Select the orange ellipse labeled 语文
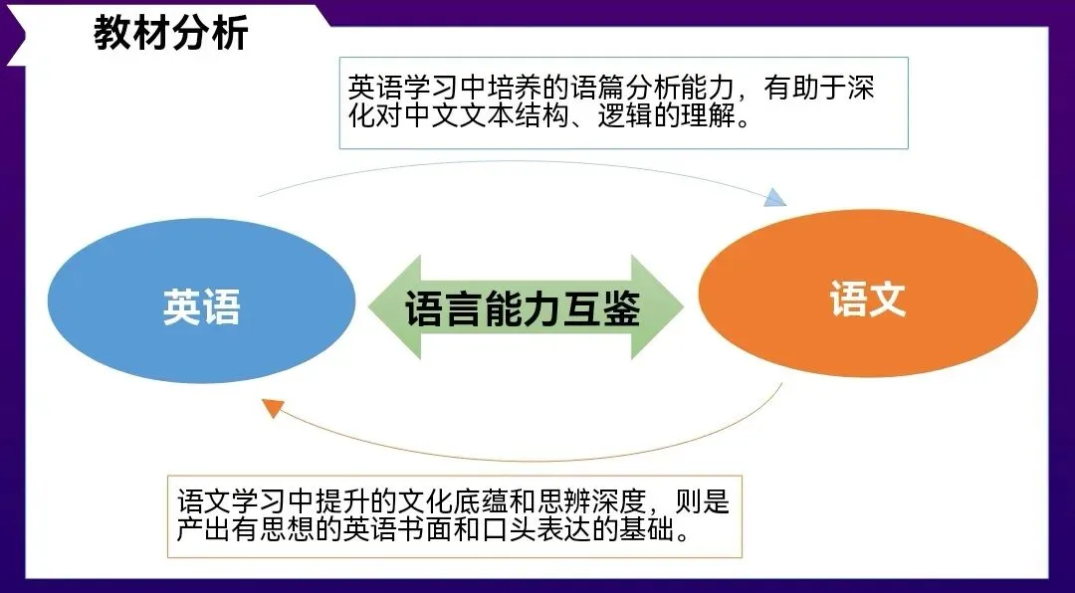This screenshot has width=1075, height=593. point(867,298)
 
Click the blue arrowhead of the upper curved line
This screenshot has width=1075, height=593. point(775,198)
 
